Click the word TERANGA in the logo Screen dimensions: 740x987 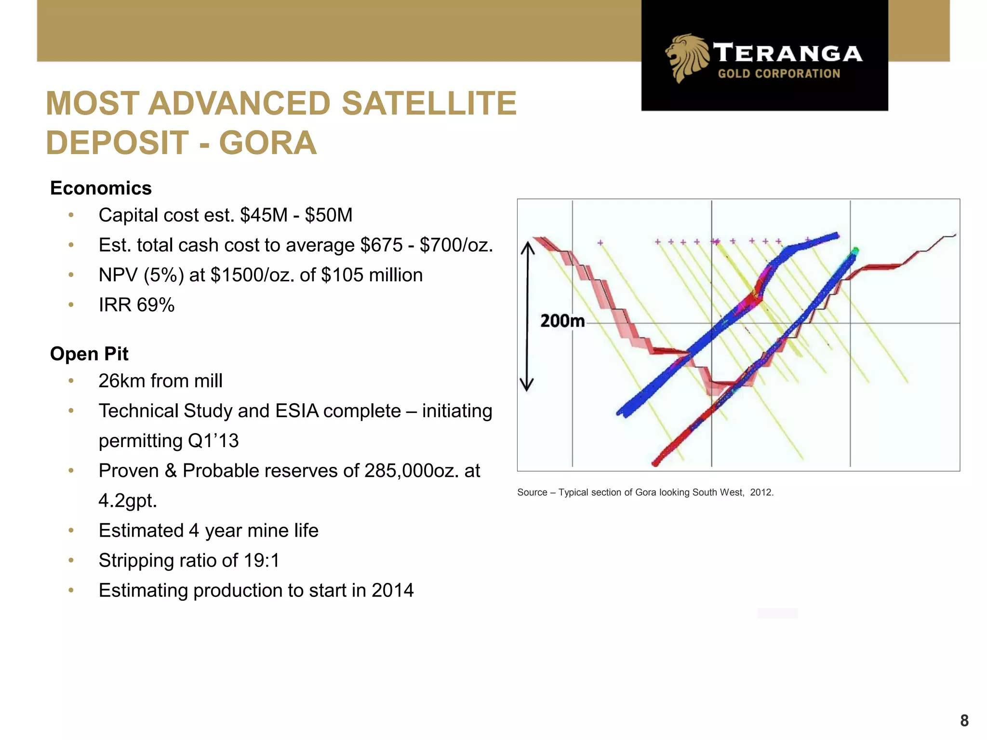point(787,53)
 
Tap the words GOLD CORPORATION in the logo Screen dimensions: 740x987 point(779,74)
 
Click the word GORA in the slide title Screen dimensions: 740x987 point(268,143)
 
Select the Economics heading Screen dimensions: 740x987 point(101,188)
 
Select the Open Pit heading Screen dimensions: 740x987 point(89,354)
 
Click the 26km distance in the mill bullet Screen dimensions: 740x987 point(121,381)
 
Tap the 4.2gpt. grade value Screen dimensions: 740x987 point(128,501)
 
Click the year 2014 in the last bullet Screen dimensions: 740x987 point(392,590)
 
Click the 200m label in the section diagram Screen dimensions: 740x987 point(562,321)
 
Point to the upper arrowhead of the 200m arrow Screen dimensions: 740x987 point(528,247)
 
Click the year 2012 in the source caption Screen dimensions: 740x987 point(761,492)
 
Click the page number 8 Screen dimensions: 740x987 point(964,720)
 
